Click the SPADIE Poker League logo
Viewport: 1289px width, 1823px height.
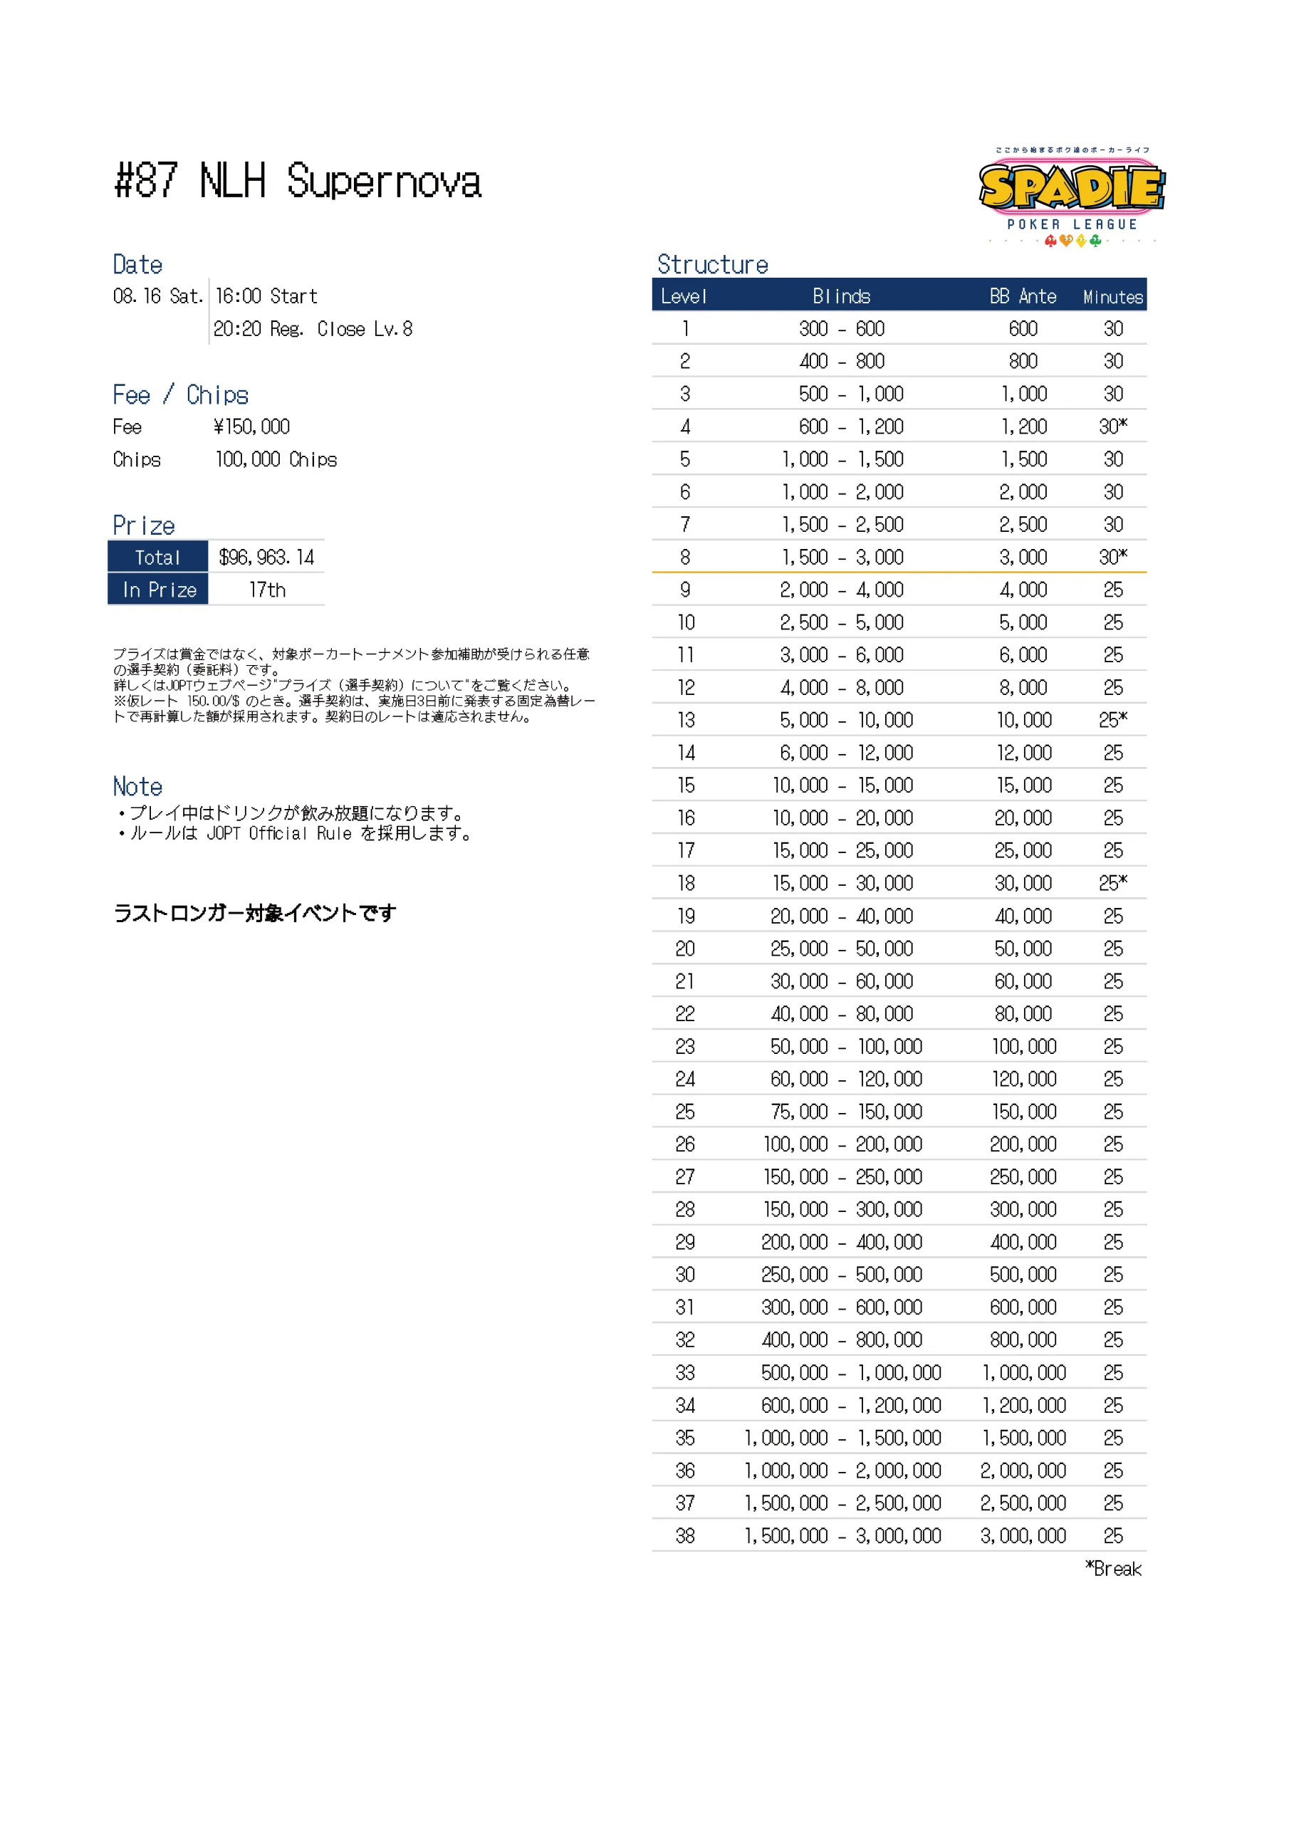(1070, 194)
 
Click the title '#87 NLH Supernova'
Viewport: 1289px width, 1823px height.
(298, 181)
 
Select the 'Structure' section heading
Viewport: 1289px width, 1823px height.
(712, 264)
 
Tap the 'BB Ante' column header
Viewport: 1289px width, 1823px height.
(1022, 297)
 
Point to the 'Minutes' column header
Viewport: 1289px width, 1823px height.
(1112, 297)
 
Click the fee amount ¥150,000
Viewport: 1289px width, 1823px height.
(252, 427)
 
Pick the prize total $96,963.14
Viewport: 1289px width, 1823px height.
(266, 558)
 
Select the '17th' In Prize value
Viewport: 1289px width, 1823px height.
(267, 590)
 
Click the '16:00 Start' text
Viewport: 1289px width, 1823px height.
(266, 296)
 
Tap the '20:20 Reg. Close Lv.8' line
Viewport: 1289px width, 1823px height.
(313, 329)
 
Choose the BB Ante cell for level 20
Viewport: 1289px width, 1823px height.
(1023, 949)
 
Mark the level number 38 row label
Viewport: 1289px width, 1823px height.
(684, 1535)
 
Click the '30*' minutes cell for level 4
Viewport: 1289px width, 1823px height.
(1112, 427)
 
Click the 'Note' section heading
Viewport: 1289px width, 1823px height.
(137, 787)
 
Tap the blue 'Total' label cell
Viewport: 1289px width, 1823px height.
(158, 558)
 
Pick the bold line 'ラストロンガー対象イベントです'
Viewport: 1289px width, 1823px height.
(254, 914)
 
